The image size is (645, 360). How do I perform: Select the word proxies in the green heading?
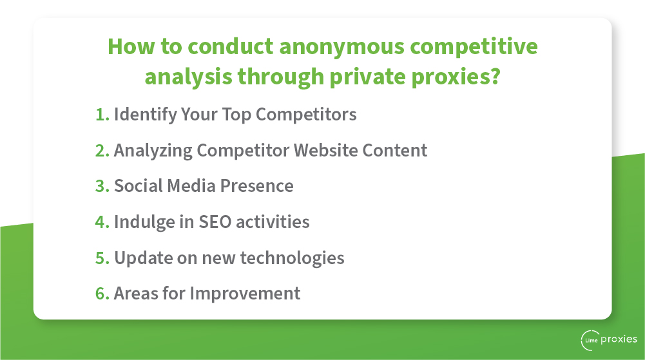click(x=450, y=77)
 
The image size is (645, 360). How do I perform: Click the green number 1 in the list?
click(x=101, y=115)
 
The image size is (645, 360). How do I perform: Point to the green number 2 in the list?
click(x=101, y=151)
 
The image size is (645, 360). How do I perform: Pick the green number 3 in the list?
click(x=101, y=186)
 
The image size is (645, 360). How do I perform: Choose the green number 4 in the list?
click(x=101, y=222)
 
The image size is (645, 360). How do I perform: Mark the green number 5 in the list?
click(x=101, y=258)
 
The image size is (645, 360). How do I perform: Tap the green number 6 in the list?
click(x=101, y=294)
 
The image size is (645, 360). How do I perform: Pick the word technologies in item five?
click(x=292, y=258)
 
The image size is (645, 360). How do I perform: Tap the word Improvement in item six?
click(x=245, y=294)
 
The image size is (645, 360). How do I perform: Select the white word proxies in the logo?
click(x=619, y=340)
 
